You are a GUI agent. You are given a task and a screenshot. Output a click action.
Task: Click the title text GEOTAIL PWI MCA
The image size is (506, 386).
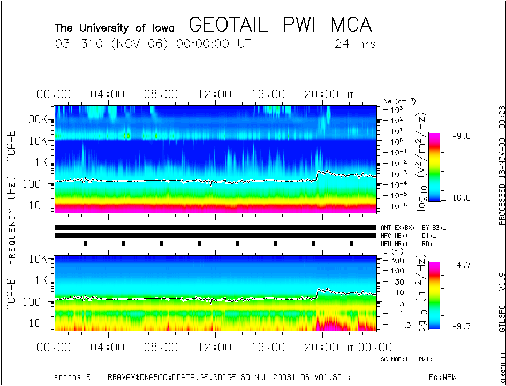[280, 25]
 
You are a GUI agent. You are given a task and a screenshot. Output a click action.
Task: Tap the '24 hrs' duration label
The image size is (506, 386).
[355, 44]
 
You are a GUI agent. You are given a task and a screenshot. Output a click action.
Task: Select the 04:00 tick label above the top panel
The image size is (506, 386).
[107, 94]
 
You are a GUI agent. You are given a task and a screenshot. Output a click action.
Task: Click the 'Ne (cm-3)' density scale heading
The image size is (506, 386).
[399, 101]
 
